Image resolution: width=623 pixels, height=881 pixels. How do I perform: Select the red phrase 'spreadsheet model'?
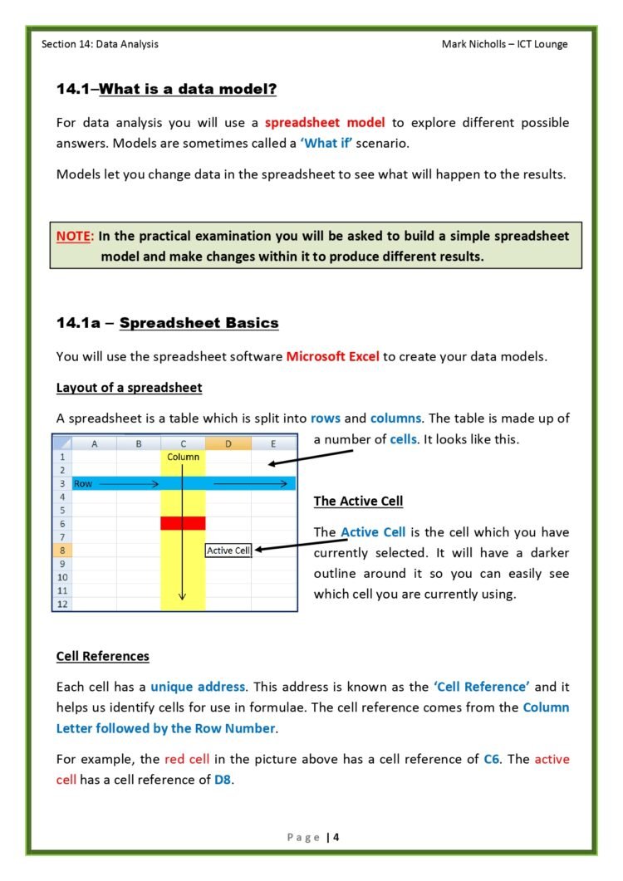[325, 122]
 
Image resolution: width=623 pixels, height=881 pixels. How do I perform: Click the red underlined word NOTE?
[73, 236]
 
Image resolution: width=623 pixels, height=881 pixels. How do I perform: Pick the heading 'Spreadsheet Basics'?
[199, 322]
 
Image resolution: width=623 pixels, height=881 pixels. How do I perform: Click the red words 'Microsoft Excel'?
[332, 356]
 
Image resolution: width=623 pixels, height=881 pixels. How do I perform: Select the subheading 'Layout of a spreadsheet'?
[129, 388]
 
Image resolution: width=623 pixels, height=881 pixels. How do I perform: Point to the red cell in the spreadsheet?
[183, 523]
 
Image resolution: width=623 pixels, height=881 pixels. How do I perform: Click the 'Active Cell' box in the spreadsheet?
[228, 550]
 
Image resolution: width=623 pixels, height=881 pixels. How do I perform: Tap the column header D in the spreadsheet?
[228, 443]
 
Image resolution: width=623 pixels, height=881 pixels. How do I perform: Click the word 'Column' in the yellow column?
[183, 457]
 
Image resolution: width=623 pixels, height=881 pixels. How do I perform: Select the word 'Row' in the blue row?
[83, 483]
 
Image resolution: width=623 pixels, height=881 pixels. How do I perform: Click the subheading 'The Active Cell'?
[358, 501]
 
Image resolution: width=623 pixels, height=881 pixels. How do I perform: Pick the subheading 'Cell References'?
[102, 656]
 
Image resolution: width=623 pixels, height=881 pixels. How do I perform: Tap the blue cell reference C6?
[492, 759]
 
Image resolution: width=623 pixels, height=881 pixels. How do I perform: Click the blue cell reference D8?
[223, 780]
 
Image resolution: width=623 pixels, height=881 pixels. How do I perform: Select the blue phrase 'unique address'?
[198, 687]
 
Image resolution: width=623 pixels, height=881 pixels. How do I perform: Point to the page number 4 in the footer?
[336, 837]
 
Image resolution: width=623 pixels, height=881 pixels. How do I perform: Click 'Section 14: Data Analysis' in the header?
[100, 44]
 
